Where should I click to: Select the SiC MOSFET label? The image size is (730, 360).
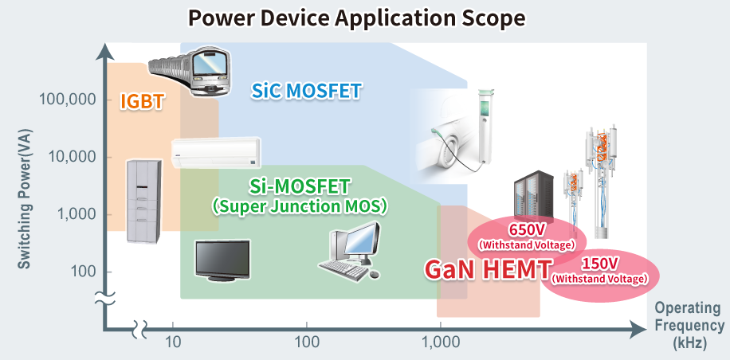[306, 91]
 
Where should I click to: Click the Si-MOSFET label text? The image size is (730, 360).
[300, 187]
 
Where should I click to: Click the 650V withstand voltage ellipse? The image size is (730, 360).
[526, 235]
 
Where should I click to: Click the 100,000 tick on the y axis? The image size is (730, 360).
[67, 100]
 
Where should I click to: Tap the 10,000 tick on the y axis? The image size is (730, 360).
[70, 157]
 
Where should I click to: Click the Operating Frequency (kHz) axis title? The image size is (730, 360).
[689, 326]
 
